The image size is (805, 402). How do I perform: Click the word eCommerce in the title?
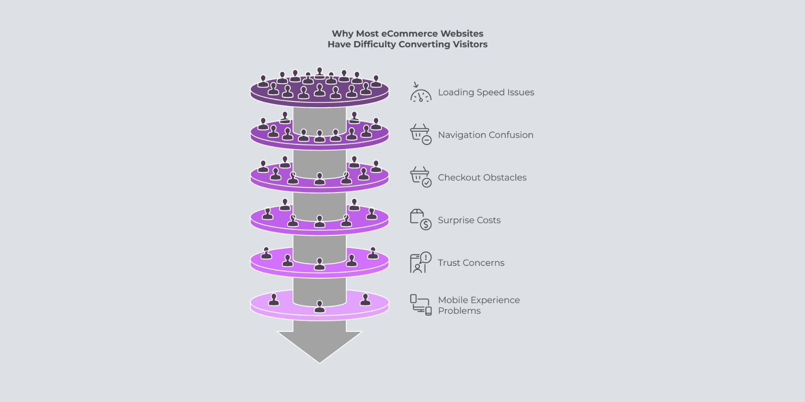click(409, 33)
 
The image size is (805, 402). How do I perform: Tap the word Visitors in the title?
click(470, 44)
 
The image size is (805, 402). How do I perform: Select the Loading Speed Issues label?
click(486, 92)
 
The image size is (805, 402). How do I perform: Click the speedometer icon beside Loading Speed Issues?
click(420, 93)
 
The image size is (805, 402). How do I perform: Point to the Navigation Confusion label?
click(485, 135)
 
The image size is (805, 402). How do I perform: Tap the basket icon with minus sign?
click(420, 134)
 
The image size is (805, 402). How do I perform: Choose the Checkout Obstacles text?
click(482, 177)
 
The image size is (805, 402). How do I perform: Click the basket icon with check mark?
click(420, 177)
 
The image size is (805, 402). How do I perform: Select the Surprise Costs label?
click(469, 220)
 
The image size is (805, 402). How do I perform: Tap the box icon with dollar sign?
click(420, 219)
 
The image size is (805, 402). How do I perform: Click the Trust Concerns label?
click(470, 263)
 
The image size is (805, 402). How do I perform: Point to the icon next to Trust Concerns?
click(420, 262)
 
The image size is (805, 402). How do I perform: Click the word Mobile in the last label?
click(453, 300)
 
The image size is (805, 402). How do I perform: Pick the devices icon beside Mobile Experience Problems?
click(420, 305)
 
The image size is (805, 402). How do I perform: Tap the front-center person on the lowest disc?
click(319, 306)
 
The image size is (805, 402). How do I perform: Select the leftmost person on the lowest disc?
click(274, 300)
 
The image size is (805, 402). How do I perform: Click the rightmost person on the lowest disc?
click(365, 300)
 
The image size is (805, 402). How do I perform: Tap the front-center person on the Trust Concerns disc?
click(319, 264)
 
